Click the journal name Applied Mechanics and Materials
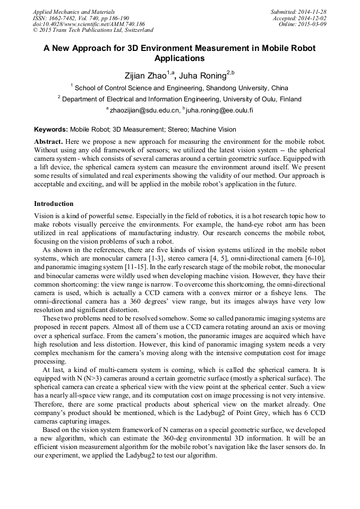[73, 11]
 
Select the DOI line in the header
[89, 24]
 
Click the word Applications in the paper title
[179, 58]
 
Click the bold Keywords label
[51, 129]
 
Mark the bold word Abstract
[49, 142]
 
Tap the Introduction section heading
[54, 204]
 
